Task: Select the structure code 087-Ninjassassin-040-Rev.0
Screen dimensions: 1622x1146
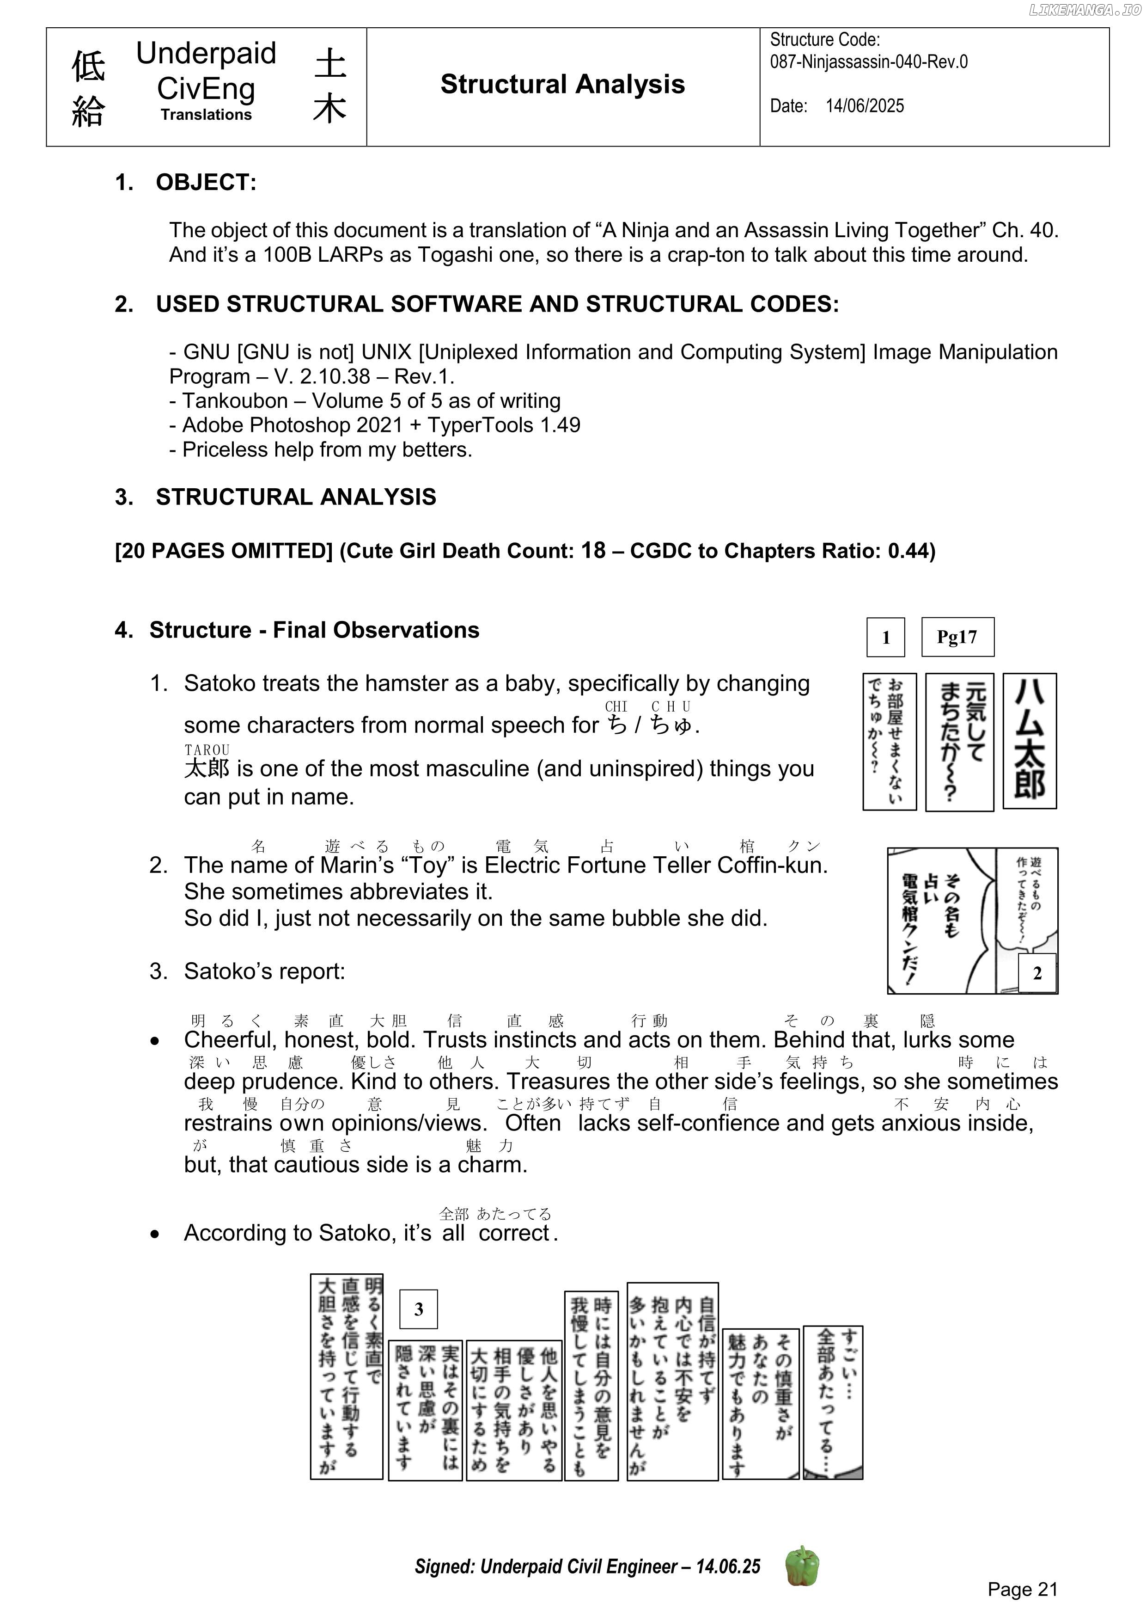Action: [x=868, y=62]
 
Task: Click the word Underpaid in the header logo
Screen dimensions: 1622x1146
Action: [x=206, y=54]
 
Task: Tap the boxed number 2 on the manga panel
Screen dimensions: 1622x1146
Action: [x=1036, y=973]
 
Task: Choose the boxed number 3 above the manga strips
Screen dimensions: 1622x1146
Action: [x=418, y=1309]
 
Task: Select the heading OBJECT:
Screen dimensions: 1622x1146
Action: [x=206, y=182]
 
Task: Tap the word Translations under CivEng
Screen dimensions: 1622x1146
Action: [x=206, y=115]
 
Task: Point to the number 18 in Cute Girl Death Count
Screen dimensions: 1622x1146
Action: [x=593, y=550]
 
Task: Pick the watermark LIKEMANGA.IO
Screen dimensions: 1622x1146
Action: [x=1085, y=9]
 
